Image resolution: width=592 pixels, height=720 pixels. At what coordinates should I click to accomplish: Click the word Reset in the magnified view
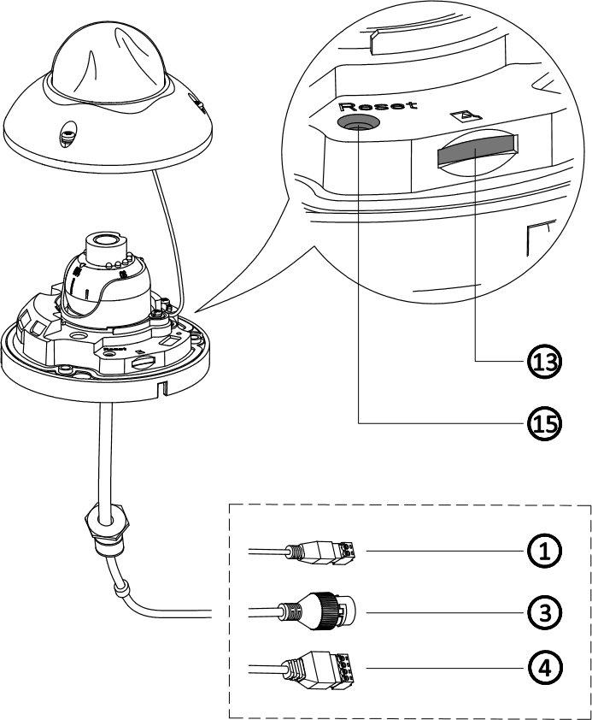coord(378,106)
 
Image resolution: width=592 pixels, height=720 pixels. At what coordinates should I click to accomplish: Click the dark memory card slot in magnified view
coord(476,152)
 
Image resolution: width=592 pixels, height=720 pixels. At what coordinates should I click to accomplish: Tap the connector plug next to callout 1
coord(329,552)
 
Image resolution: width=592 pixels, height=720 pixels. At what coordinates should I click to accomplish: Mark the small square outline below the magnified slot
coord(537,238)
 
